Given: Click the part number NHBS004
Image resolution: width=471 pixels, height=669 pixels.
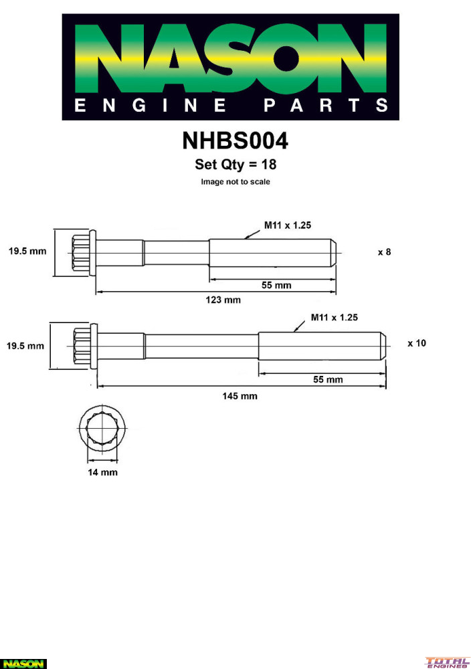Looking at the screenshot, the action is pyautogui.click(x=235, y=140).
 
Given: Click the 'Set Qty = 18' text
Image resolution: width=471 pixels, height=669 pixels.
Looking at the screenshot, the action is pyautogui.click(x=235, y=165).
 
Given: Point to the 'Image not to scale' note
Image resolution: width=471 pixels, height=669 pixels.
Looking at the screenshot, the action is pyautogui.click(x=235, y=182).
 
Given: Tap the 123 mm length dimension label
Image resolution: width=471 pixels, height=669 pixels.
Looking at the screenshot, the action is pyautogui.click(x=223, y=300).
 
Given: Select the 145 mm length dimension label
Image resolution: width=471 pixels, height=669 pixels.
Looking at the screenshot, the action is pyautogui.click(x=240, y=396).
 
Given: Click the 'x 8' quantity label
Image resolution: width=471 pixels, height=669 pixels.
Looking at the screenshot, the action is pyautogui.click(x=385, y=252).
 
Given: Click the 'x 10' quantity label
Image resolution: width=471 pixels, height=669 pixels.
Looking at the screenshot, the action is pyautogui.click(x=417, y=343).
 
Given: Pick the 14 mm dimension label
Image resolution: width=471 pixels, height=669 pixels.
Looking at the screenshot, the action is pyautogui.click(x=102, y=472).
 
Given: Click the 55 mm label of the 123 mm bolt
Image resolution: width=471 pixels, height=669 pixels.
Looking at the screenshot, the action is pyautogui.click(x=276, y=285).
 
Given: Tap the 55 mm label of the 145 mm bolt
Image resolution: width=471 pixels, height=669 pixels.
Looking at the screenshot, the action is pyautogui.click(x=328, y=379).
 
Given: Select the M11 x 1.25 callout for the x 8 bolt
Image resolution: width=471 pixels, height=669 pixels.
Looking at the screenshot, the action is pyautogui.click(x=288, y=225).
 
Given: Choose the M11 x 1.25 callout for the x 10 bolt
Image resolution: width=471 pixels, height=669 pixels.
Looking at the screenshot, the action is pyautogui.click(x=335, y=317).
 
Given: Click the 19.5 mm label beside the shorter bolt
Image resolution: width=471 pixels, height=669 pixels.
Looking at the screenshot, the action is pyautogui.click(x=27, y=251).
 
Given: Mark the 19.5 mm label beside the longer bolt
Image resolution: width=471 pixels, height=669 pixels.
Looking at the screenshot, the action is pyautogui.click(x=25, y=346).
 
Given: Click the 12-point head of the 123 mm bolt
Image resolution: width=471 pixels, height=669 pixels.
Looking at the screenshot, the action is pyautogui.click(x=84, y=254).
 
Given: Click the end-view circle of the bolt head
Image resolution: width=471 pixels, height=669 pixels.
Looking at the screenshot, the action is pyautogui.click(x=102, y=427).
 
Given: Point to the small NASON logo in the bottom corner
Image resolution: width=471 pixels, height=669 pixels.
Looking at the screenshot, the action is pyautogui.click(x=23, y=664).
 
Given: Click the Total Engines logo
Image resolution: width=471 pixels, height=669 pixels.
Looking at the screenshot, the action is pyautogui.click(x=447, y=662).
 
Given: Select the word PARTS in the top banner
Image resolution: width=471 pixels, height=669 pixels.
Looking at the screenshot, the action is pyautogui.click(x=326, y=106).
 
